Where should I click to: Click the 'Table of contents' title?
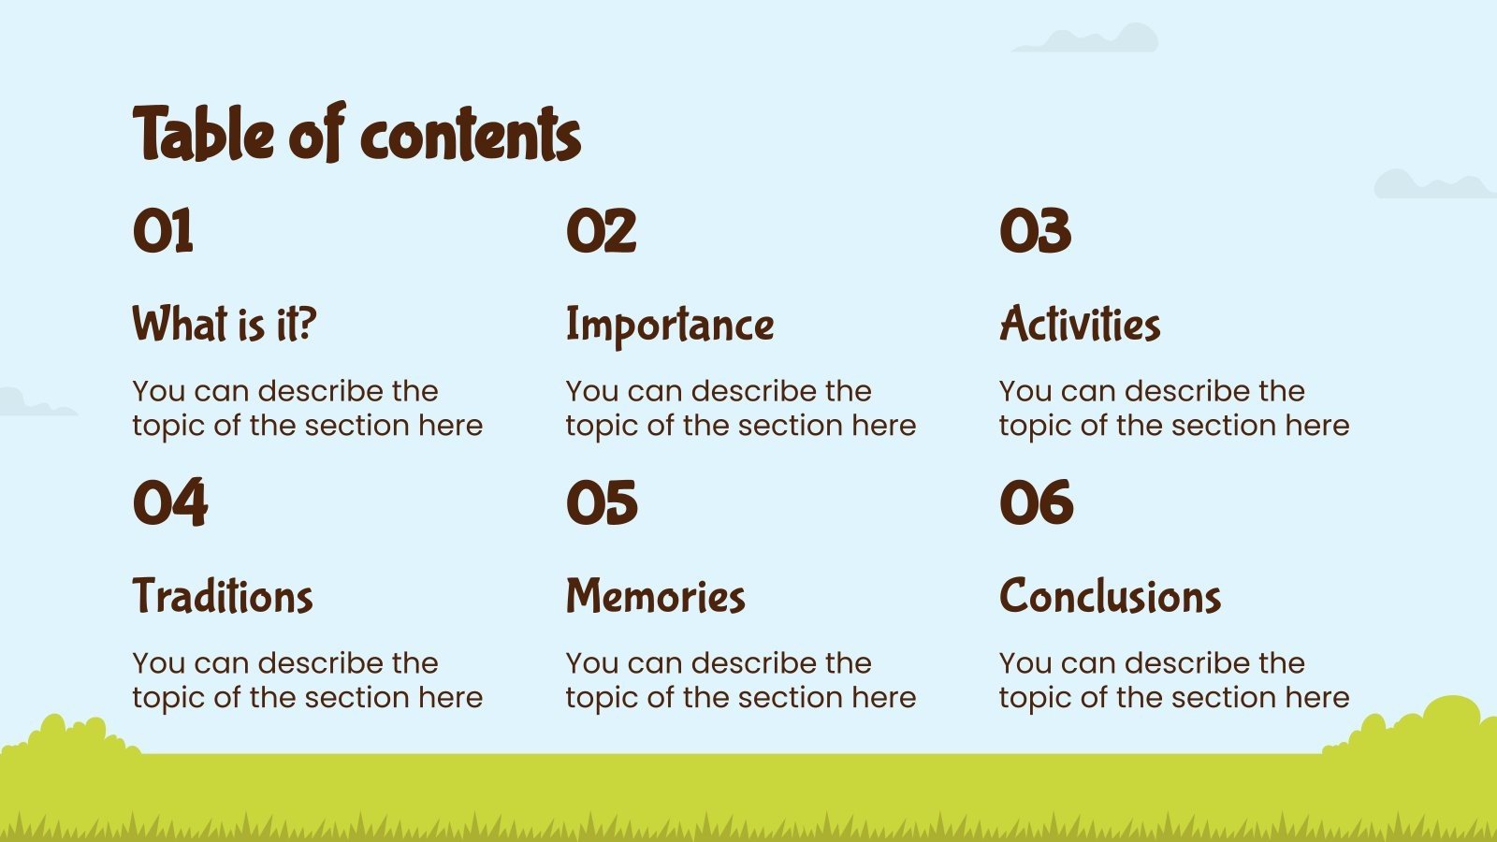pos(356,134)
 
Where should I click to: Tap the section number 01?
pos(163,231)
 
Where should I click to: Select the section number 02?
pos(601,231)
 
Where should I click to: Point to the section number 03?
pos(1035,231)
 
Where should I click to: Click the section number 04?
pos(169,503)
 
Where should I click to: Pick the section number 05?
pos(602,503)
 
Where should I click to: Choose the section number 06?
pos(1036,503)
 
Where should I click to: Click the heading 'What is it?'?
pos(225,325)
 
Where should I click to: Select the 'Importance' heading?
pos(670,325)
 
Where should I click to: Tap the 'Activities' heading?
pos(1080,325)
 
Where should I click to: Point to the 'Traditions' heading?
pos(223,597)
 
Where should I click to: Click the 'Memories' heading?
pos(655,597)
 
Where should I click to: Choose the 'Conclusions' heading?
pos(1110,597)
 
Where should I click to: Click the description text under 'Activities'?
pos(1173,408)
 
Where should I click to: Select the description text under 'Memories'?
pos(740,680)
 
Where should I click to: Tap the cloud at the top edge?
pos(1090,40)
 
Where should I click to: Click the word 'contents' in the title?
pos(470,136)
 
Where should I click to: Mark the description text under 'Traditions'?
pos(307,680)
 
